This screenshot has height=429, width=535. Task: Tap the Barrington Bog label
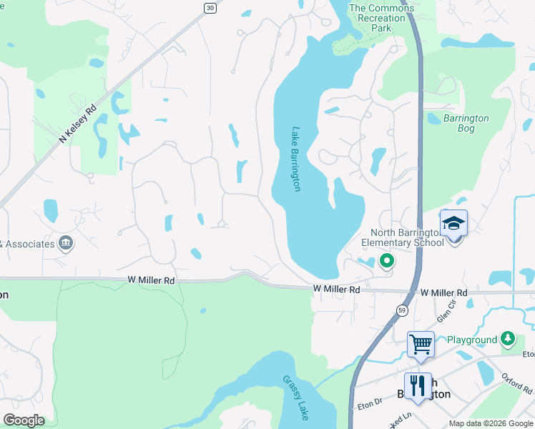pos(466,124)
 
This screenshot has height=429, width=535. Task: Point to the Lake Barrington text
pos(295,159)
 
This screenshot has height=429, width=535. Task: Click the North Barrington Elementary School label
pos(407,237)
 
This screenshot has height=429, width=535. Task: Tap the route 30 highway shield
pos(209,7)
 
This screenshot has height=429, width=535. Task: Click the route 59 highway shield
pos(403,310)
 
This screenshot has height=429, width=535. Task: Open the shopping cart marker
pos(421,344)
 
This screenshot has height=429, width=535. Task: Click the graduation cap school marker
pos(453,224)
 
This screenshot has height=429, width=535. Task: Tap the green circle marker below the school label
pos(387,261)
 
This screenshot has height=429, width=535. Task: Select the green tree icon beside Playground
pos(508,337)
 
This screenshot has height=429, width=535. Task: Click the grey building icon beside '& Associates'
pos(66,244)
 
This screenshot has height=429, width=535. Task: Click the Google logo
pos(24,420)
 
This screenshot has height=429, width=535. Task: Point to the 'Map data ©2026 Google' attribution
pos(490,423)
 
